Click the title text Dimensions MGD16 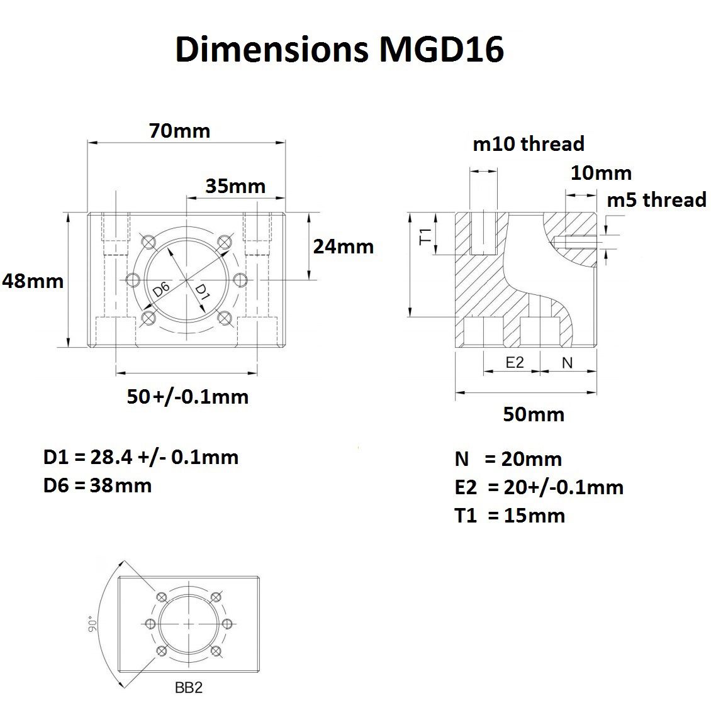click(339, 49)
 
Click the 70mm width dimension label click(179, 131)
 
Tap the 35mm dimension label click(235, 186)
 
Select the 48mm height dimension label click(33, 281)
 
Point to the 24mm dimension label click(344, 246)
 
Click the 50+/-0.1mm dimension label click(188, 397)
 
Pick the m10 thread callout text click(529, 144)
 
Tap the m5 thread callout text click(657, 199)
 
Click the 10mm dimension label click(601, 173)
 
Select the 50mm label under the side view click(534, 414)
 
